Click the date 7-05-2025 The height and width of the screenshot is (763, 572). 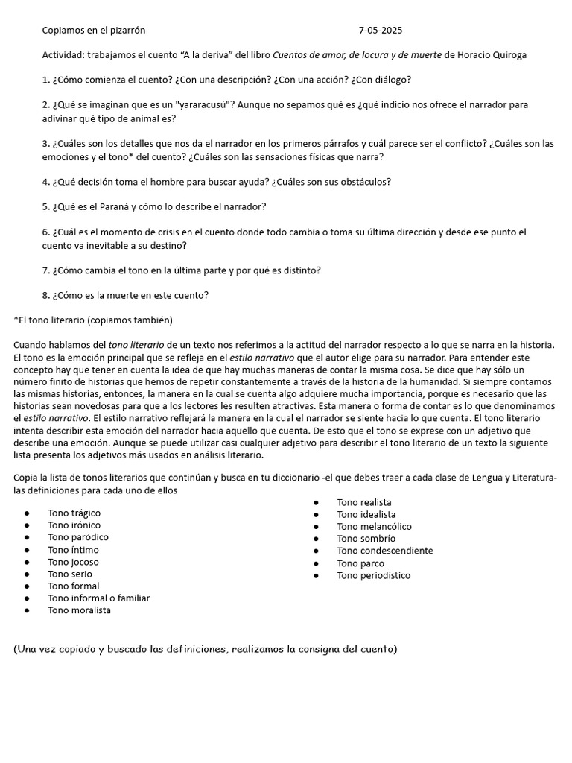pyautogui.click(x=380, y=31)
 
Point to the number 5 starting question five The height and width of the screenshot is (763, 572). pyautogui.click(x=45, y=206)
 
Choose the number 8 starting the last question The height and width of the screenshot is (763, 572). pyautogui.click(x=45, y=295)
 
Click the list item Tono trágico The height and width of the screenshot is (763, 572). pyautogui.click(x=74, y=513)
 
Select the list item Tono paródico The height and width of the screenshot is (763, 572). pyautogui.click(x=78, y=537)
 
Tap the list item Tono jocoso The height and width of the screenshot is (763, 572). pyautogui.click(x=73, y=562)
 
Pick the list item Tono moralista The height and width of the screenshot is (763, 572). pyautogui.click(x=79, y=610)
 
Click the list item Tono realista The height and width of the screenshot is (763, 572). pyautogui.click(x=363, y=503)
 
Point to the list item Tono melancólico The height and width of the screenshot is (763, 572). pyautogui.click(x=374, y=527)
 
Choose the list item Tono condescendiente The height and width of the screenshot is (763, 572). pyautogui.click(x=384, y=551)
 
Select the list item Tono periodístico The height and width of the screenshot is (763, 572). pyautogui.click(x=373, y=575)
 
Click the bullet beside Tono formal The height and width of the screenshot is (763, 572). pyautogui.click(x=27, y=586)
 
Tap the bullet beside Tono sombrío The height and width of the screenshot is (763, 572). pyautogui.click(x=316, y=539)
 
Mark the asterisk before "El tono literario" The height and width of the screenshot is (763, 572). pyautogui.click(x=16, y=320)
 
